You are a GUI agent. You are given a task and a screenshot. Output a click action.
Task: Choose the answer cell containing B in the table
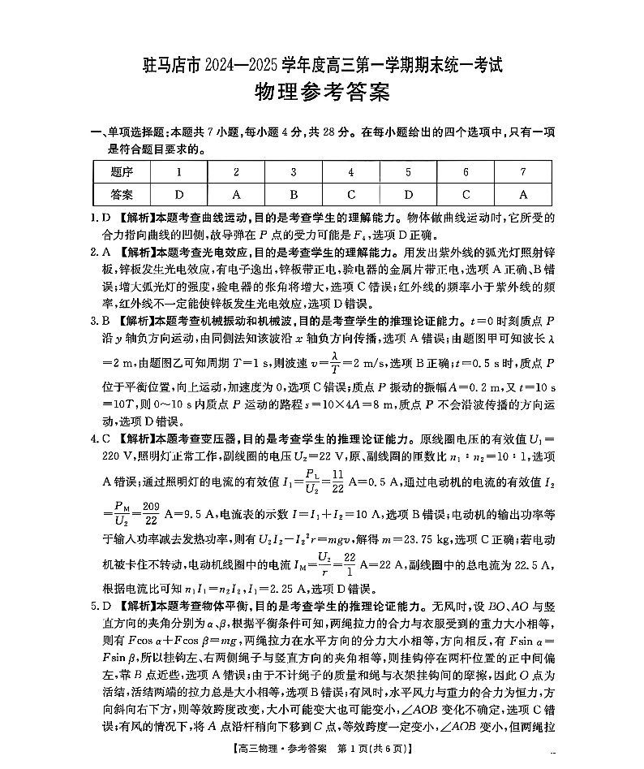coord(294,195)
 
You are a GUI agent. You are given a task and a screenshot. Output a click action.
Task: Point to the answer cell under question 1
coord(179,195)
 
